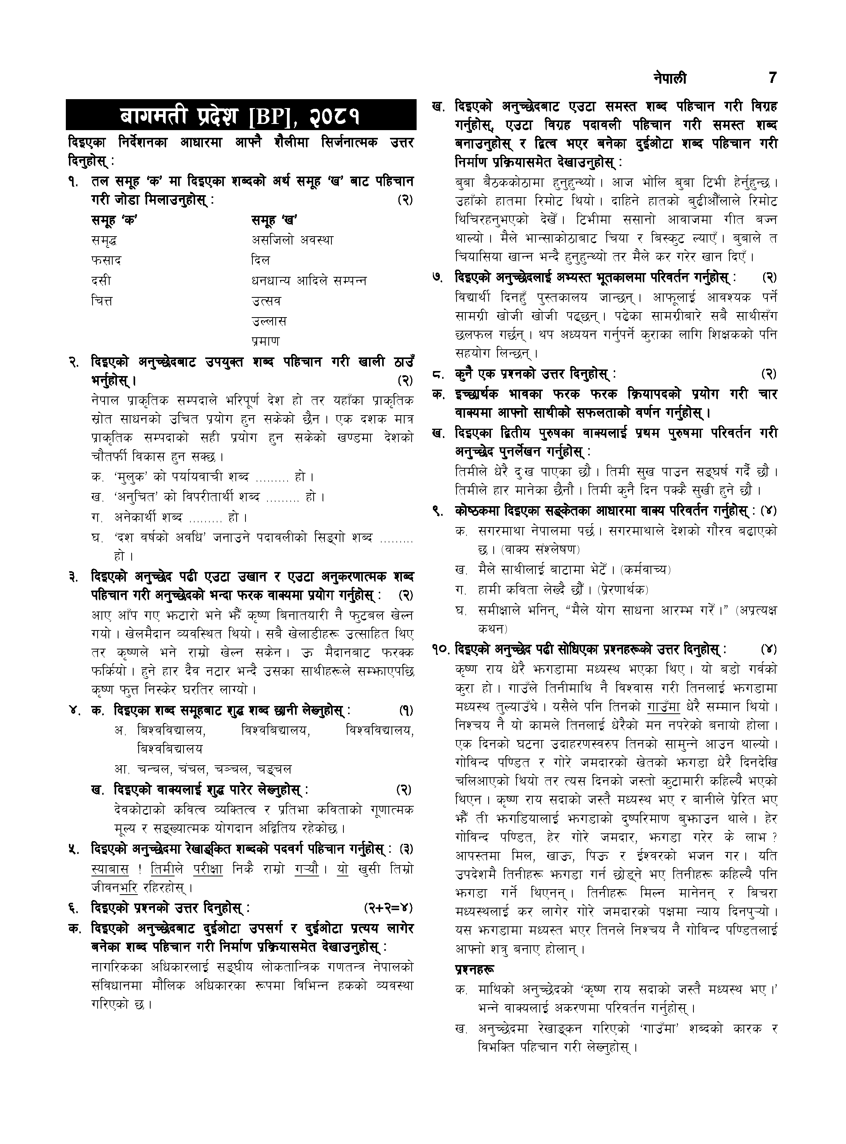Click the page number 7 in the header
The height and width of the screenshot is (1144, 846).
(773, 78)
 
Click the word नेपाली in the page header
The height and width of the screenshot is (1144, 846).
(670, 78)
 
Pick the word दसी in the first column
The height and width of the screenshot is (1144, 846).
(101, 281)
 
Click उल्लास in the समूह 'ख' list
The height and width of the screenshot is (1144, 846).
(269, 321)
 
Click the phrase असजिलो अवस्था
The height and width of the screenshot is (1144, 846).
(292, 240)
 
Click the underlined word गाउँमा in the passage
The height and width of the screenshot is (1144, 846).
(663, 707)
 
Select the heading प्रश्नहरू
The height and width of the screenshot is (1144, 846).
(475, 969)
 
